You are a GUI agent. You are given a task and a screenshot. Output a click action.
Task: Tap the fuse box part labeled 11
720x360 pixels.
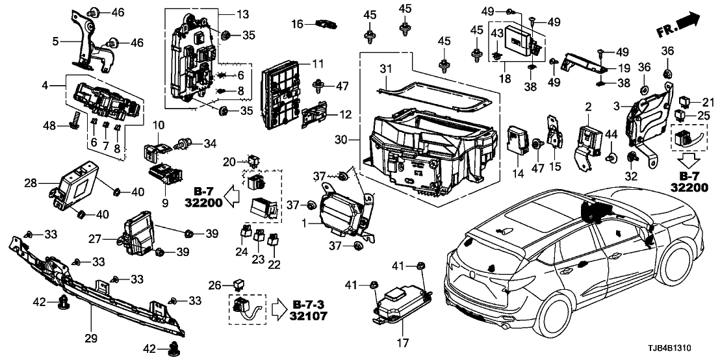pos(279,97)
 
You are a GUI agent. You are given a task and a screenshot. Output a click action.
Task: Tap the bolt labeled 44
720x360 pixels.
pos(611,157)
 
